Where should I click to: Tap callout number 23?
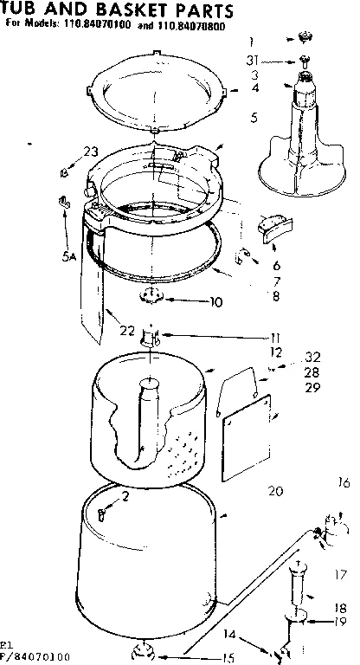tap(90, 152)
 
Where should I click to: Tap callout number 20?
tap(276, 491)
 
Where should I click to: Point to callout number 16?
tap(343, 484)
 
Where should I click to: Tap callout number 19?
tap(341, 622)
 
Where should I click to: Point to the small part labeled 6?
tap(270, 229)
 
